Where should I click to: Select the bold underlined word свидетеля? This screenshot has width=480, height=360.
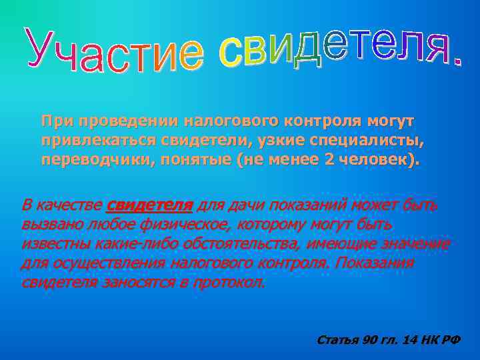tap(149, 205)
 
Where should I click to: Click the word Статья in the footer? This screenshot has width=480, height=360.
tap(337, 340)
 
